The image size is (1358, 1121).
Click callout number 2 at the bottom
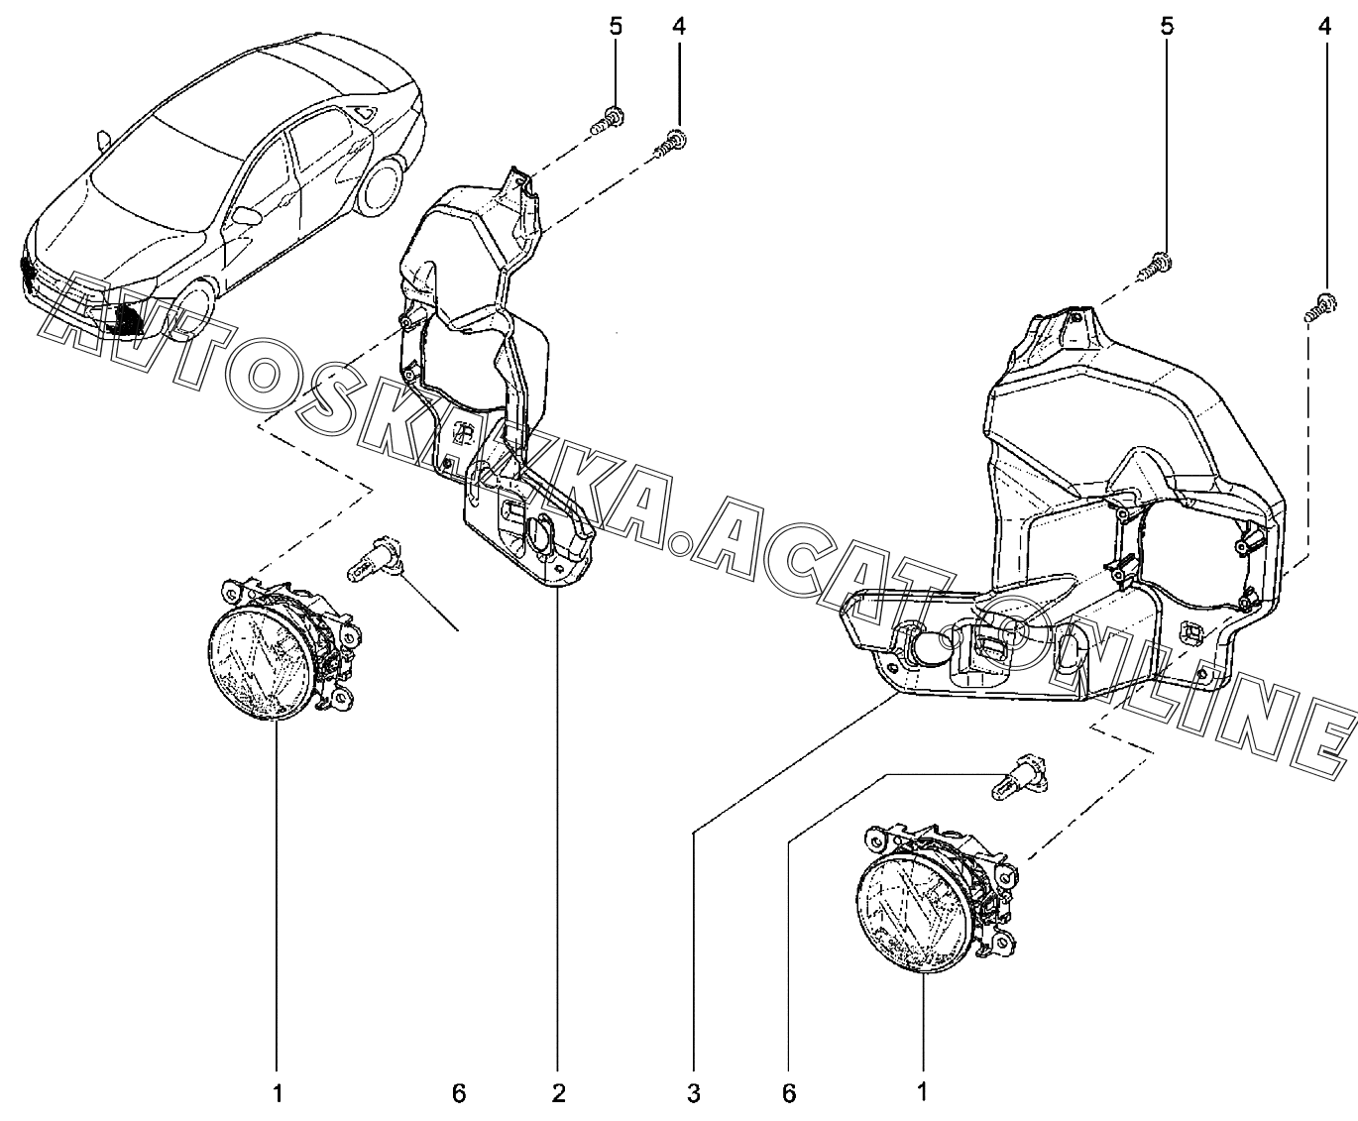pyautogui.click(x=558, y=1093)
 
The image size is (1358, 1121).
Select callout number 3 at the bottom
pyautogui.click(x=694, y=1093)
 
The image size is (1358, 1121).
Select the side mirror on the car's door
pyautogui.click(x=245, y=215)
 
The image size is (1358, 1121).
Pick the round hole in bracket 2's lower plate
pyautogui.click(x=543, y=536)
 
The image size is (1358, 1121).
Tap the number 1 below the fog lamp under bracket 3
pyautogui.click(x=923, y=1093)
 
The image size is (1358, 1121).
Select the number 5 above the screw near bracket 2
pyautogui.click(x=617, y=26)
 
